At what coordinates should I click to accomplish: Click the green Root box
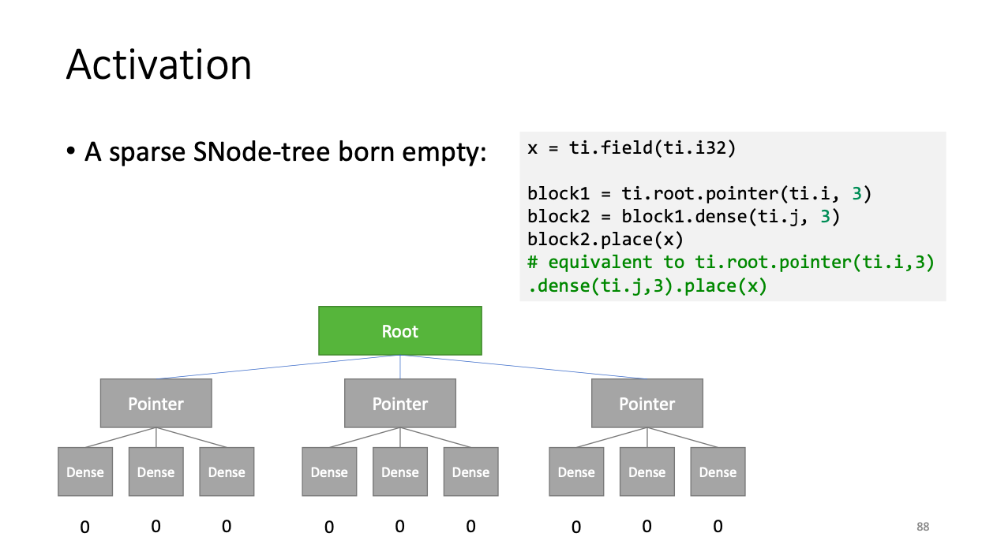click(x=399, y=330)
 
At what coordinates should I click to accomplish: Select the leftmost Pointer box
click(x=156, y=403)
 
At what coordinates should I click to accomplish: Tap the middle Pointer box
click(x=399, y=403)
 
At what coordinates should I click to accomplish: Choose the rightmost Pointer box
click(x=647, y=403)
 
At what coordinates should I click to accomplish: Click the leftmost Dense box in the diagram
click(x=85, y=472)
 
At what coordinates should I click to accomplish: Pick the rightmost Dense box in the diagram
click(x=718, y=472)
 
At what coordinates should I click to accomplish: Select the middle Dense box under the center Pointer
click(x=399, y=472)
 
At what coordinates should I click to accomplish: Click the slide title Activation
click(x=159, y=65)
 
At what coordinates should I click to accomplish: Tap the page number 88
click(x=923, y=527)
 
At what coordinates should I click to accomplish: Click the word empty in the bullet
click(x=444, y=153)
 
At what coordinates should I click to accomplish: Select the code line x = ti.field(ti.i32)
click(x=632, y=148)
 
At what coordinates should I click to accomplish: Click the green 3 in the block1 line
click(x=856, y=193)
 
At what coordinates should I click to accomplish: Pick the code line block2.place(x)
click(x=605, y=240)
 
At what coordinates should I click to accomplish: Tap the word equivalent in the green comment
click(x=599, y=263)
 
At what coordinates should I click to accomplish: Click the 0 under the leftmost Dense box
click(x=84, y=527)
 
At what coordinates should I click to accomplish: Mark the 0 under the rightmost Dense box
click(x=718, y=526)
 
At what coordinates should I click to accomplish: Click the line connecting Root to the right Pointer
click(x=523, y=367)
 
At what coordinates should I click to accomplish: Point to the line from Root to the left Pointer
click(x=278, y=367)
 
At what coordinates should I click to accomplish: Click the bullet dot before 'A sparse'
click(x=71, y=151)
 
